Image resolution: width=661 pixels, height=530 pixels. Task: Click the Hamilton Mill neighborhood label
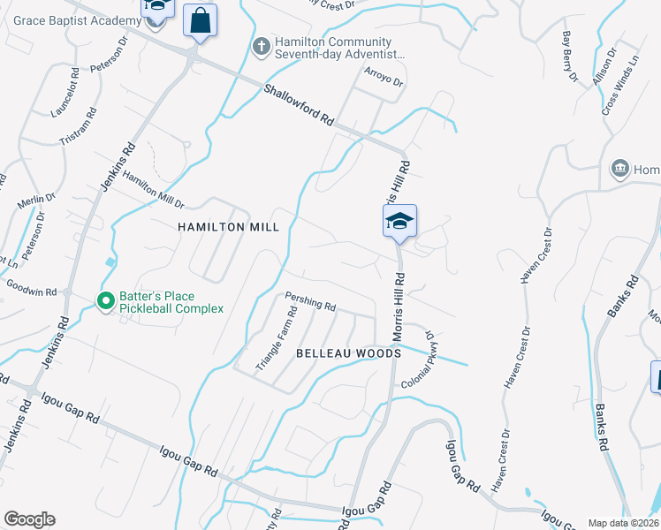pos(228,227)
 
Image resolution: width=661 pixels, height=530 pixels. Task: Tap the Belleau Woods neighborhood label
pos(348,353)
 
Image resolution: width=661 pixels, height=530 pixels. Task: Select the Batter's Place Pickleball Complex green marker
pos(105,302)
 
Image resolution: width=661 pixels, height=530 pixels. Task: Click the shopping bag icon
pos(200,20)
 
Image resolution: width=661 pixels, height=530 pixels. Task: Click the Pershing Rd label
pos(309,303)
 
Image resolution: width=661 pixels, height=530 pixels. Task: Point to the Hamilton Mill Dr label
pos(152,189)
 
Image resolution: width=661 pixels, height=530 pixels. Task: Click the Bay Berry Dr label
pos(570,57)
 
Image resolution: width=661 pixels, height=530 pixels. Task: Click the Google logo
pos(29,519)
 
